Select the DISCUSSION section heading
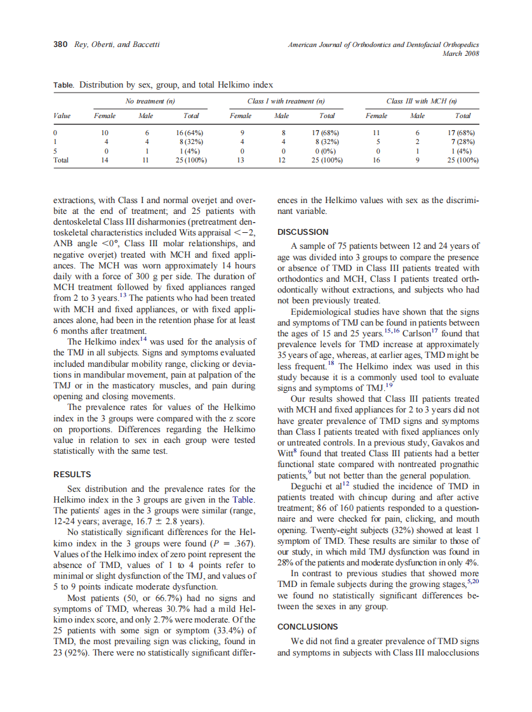303,232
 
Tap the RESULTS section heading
72,474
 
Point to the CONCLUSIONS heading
308,626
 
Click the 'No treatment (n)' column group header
150,101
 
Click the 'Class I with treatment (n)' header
286,101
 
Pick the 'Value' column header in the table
62,115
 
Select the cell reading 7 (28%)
466,143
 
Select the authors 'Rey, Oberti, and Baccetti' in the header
118,44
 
